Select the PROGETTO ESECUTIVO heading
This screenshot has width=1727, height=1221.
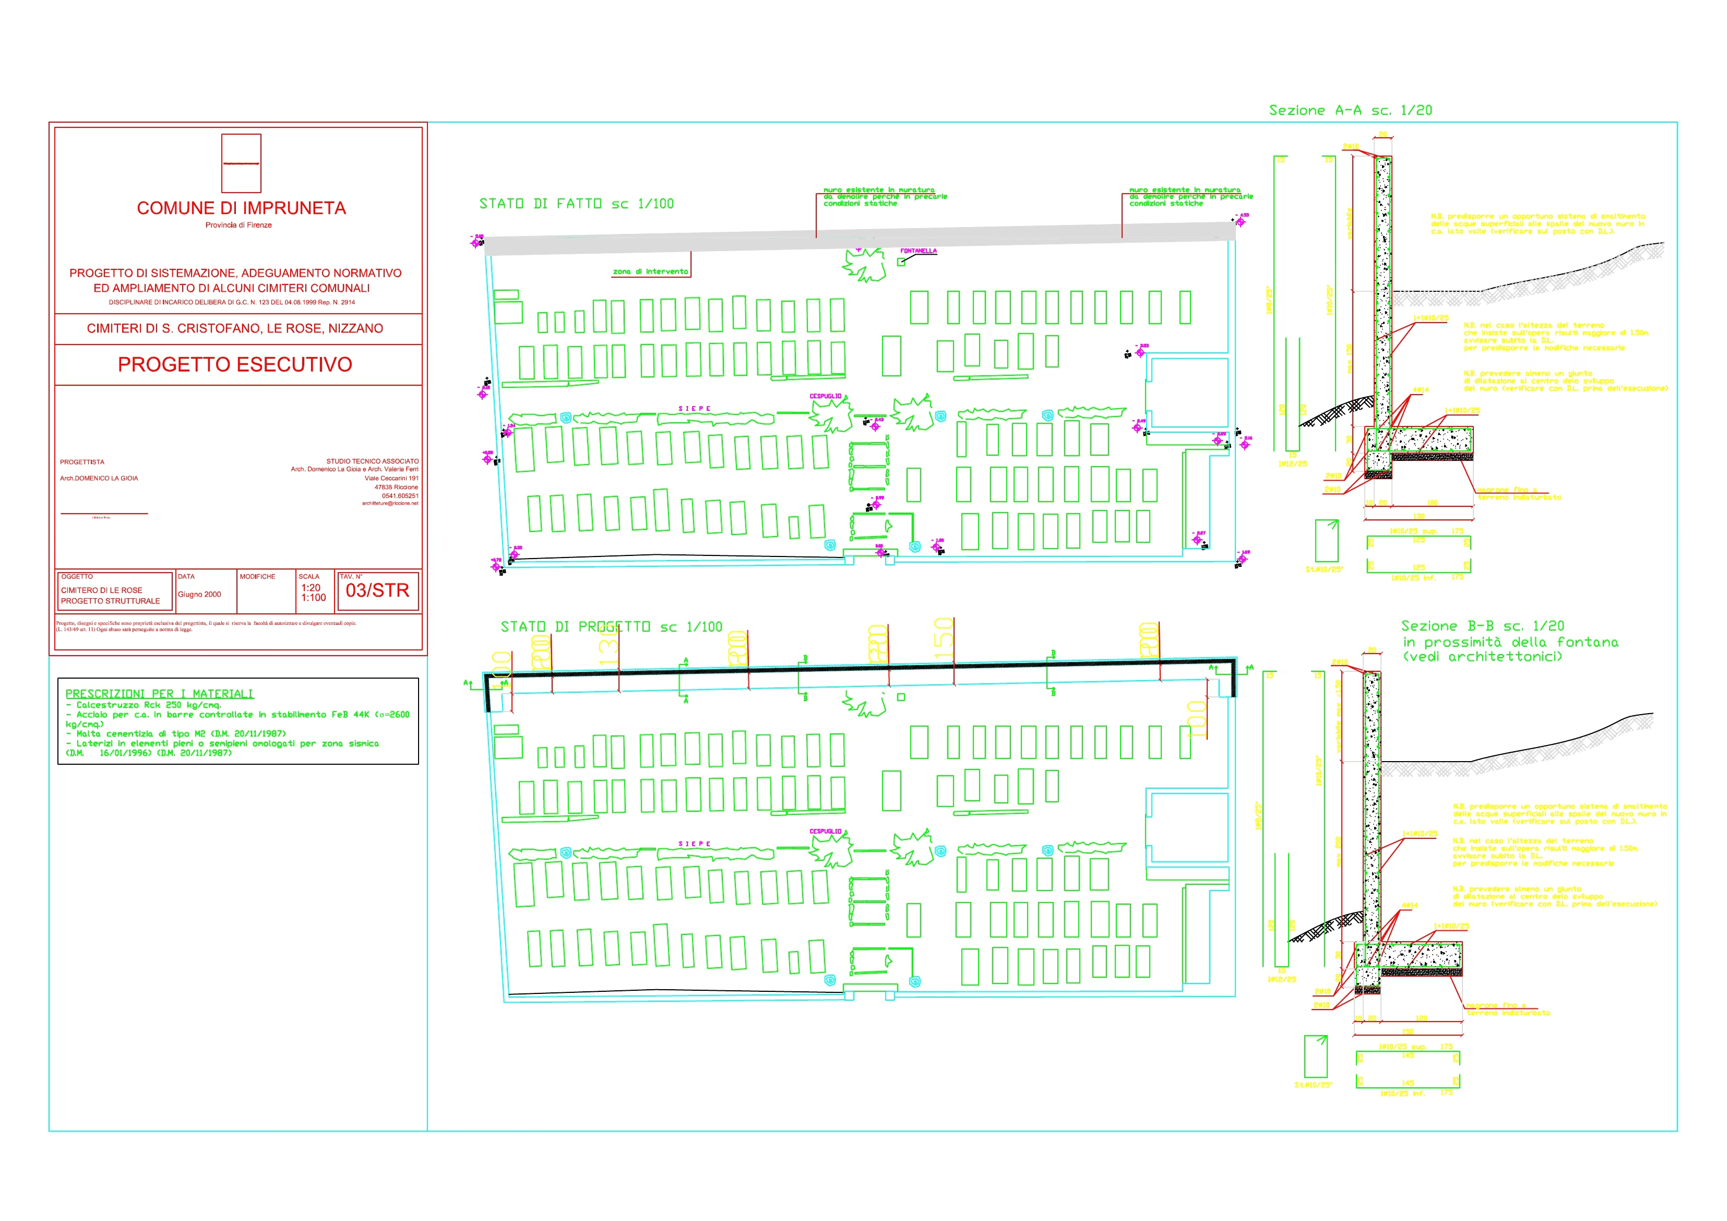(235, 365)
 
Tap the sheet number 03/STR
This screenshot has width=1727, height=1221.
(377, 590)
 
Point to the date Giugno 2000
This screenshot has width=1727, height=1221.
(199, 595)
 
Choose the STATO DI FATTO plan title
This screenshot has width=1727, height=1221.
(576, 204)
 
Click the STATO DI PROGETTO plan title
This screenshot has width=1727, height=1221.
(611, 626)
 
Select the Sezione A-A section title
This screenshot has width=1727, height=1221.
(1350, 111)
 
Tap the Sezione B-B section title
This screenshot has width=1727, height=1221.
(1482, 626)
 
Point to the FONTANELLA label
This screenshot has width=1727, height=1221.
(919, 251)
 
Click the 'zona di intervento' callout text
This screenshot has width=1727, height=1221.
(650, 271)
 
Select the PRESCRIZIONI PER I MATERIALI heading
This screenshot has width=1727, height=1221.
(160, 694)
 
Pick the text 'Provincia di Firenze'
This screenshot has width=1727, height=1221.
(239, 225)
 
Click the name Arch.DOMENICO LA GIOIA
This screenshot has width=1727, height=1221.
(99, 479)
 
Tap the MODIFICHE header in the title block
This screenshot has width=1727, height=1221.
(257, 577)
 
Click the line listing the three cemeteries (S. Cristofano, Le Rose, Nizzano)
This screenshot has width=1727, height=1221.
(235, 329)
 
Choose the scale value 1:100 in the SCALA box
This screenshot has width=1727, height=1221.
(314, 598)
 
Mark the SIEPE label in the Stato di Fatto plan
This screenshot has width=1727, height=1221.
(694, 409)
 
